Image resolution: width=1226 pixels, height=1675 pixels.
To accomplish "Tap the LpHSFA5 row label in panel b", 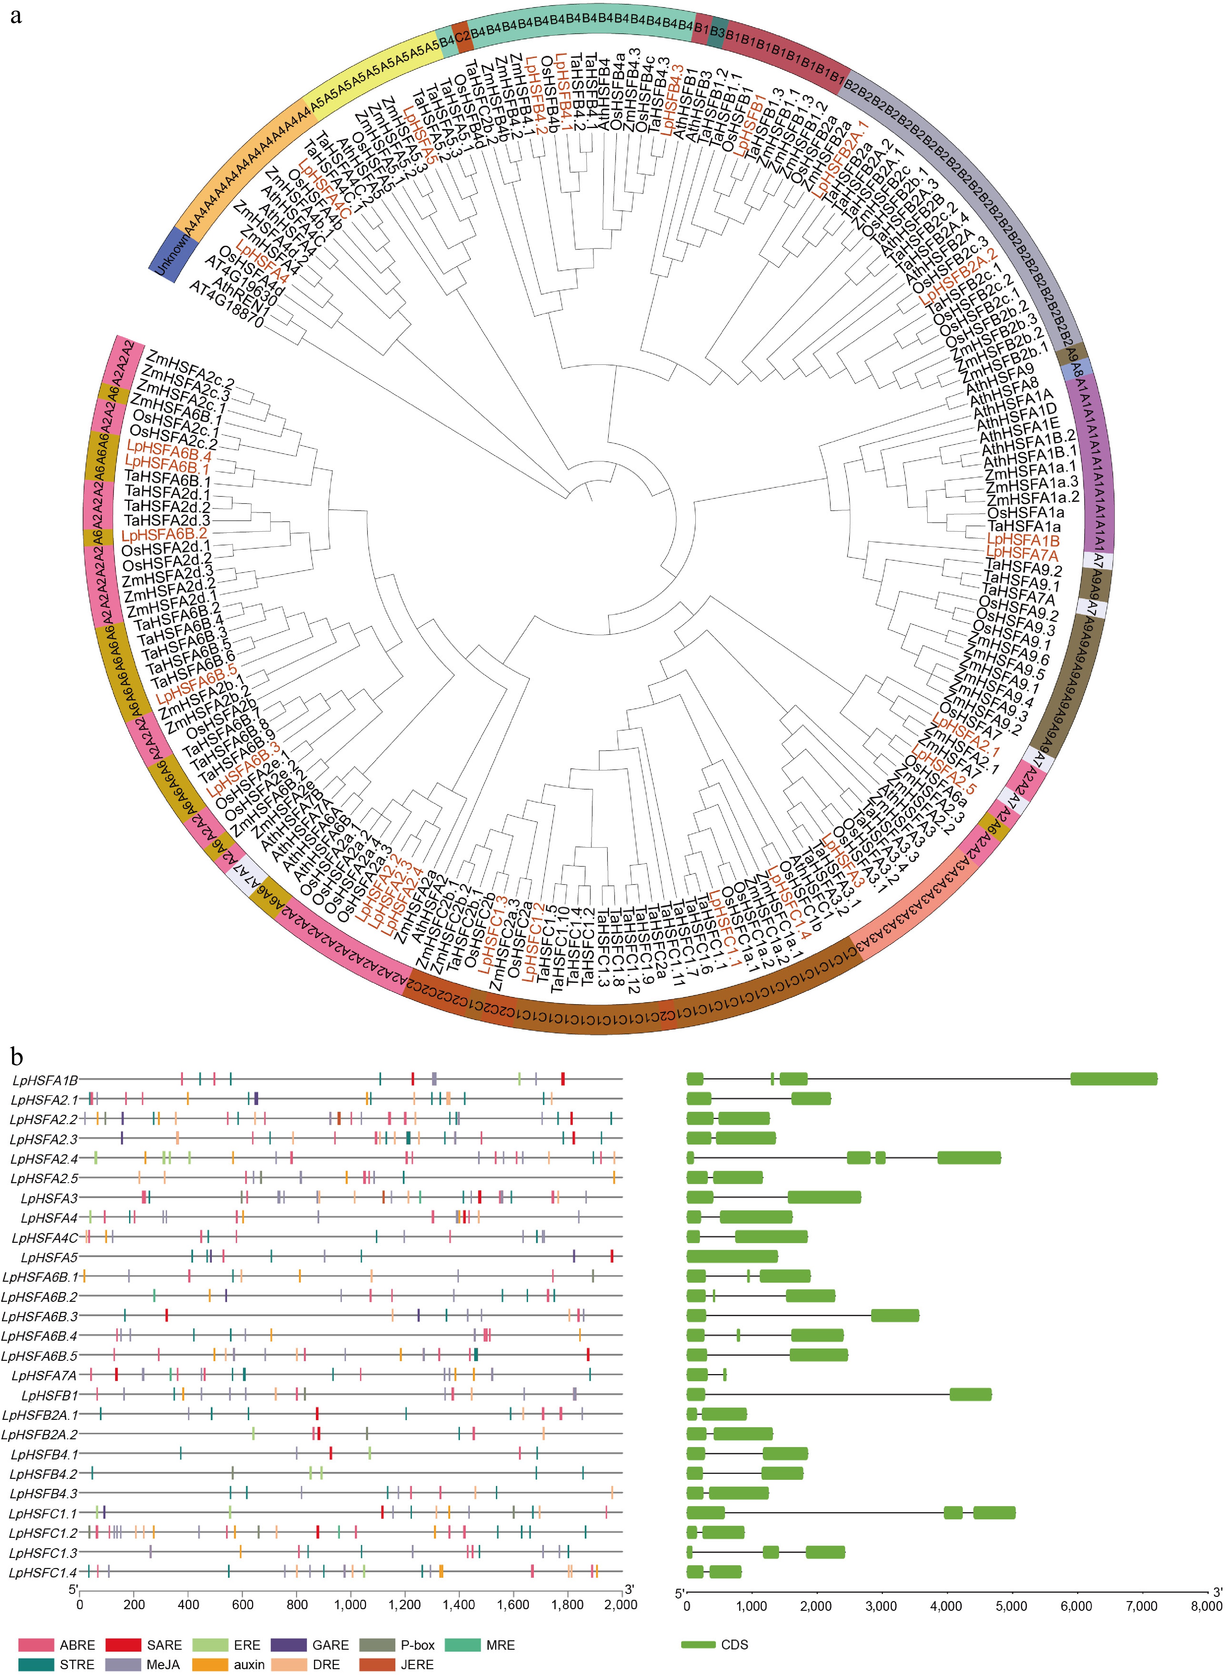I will [49, 1257].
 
